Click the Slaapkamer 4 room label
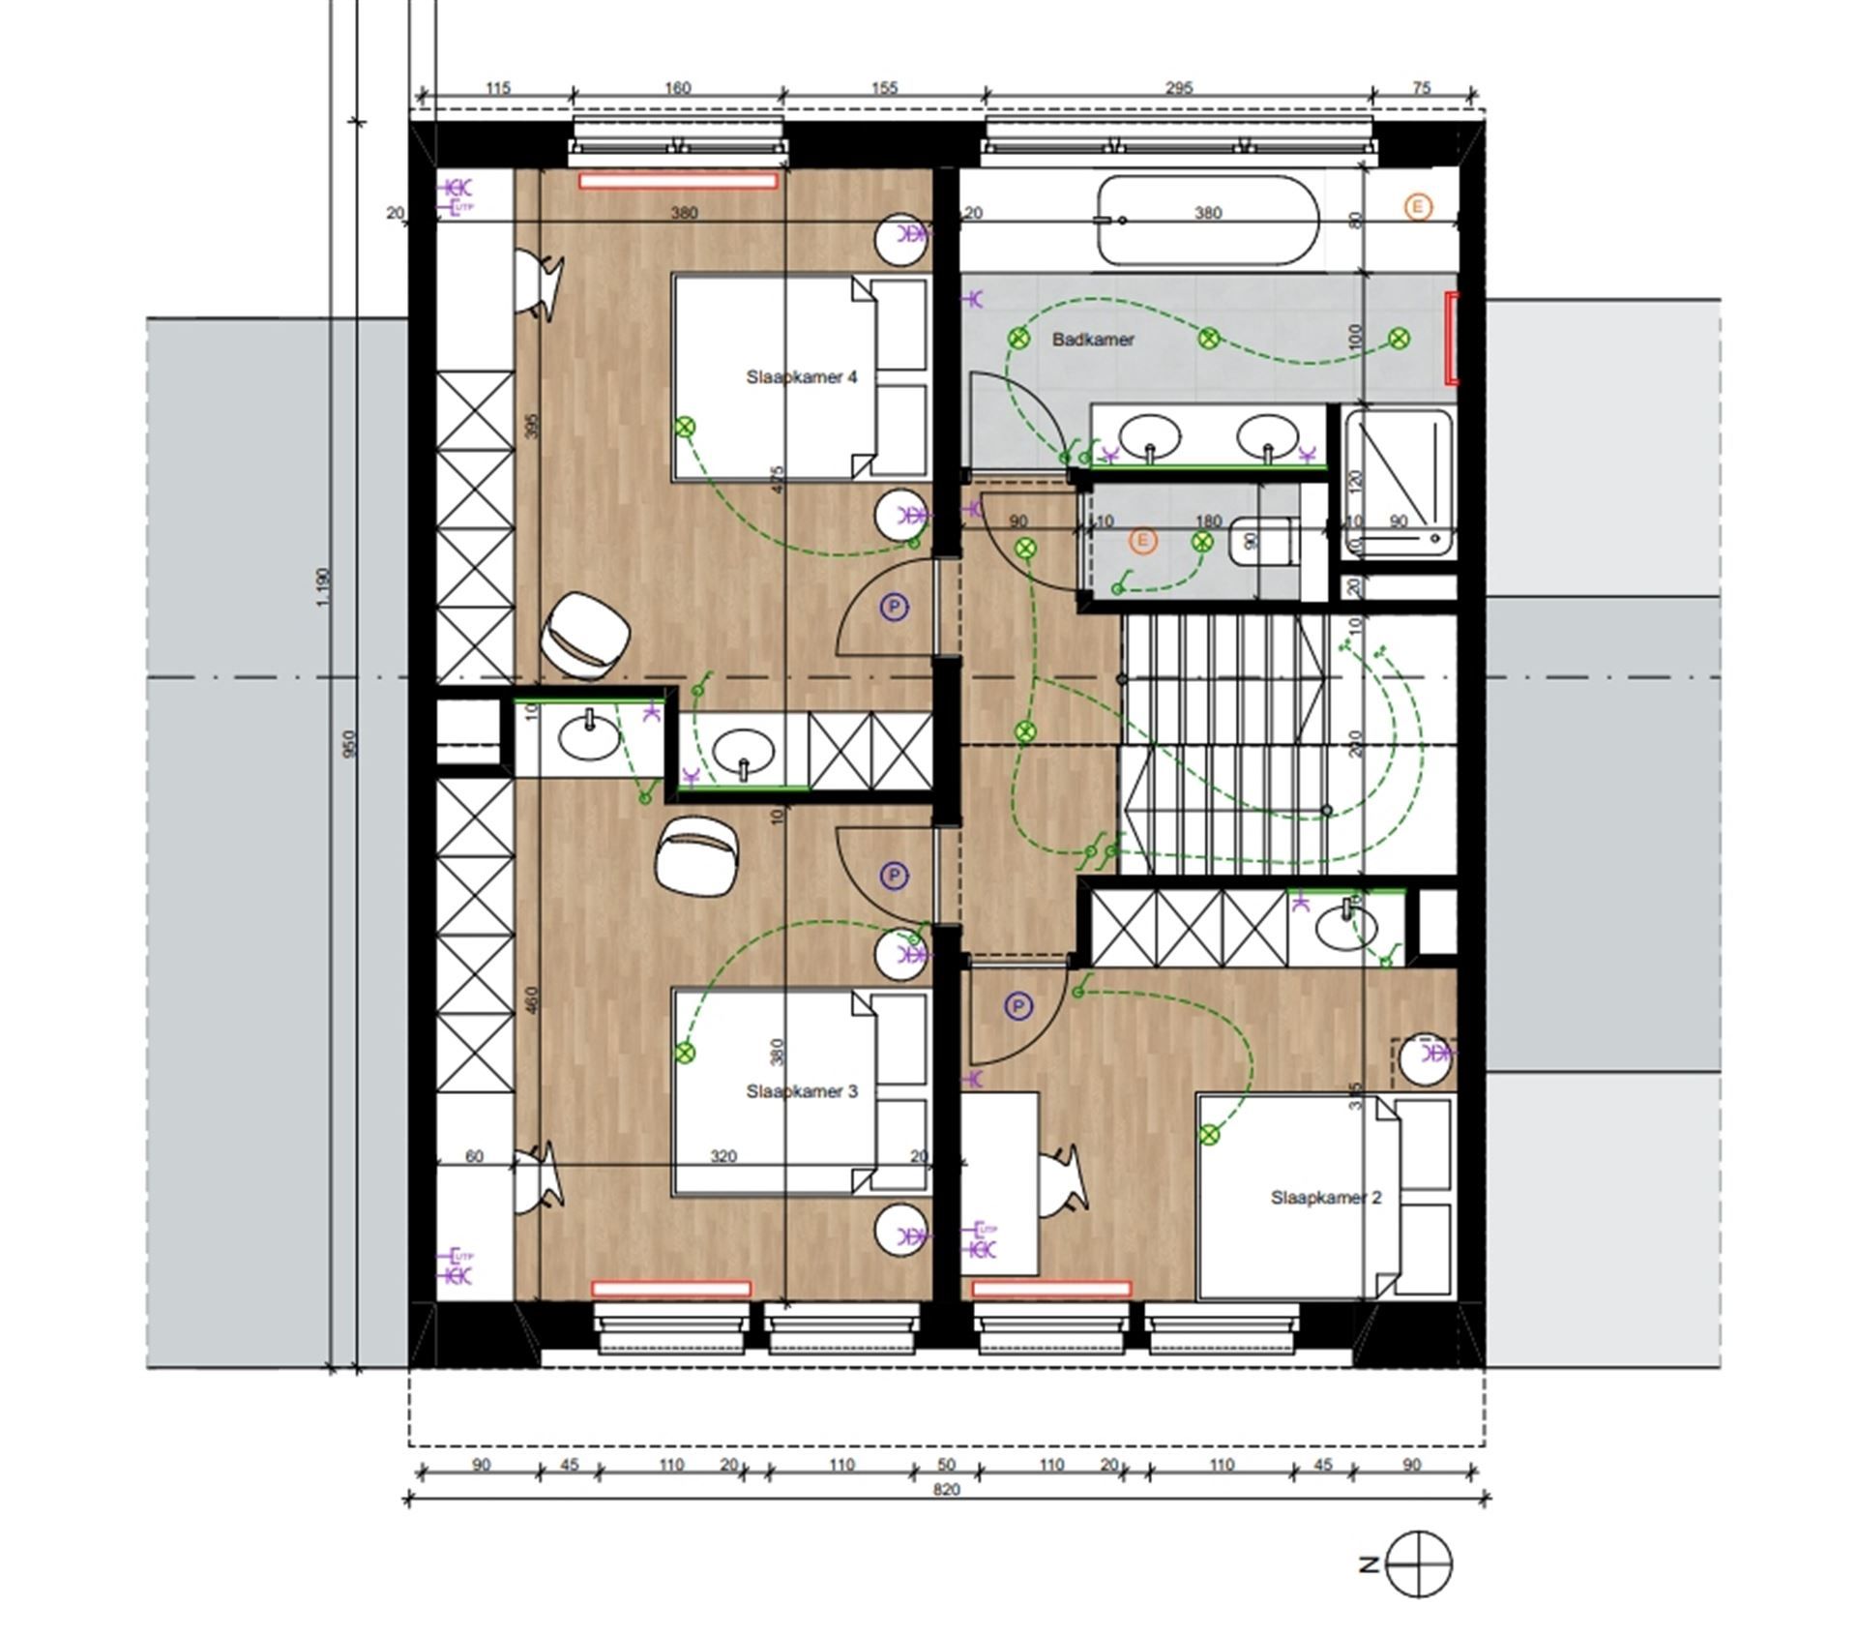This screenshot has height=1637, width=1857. [801, 377]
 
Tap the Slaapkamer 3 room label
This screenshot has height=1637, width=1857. [801, 1091]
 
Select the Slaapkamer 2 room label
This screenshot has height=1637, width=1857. [1325, 1198]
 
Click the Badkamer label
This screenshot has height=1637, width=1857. [1093, 340]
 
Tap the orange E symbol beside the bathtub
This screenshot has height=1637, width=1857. [1418, 206]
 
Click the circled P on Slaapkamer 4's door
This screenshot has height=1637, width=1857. [895, 608]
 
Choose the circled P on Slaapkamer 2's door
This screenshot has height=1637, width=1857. [1017, 1007]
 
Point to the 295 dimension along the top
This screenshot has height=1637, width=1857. [1178, 88]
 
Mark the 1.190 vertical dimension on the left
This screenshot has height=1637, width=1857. [324, 586]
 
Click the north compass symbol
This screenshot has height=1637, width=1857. [1419, 1564]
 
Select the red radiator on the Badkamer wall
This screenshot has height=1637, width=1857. [1450, 339]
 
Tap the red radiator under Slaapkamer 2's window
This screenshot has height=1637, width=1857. [1050, 1289]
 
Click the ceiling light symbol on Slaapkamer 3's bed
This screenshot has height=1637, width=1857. [685, 1053]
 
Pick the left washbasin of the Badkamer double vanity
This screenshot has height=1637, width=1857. [1150, 436]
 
